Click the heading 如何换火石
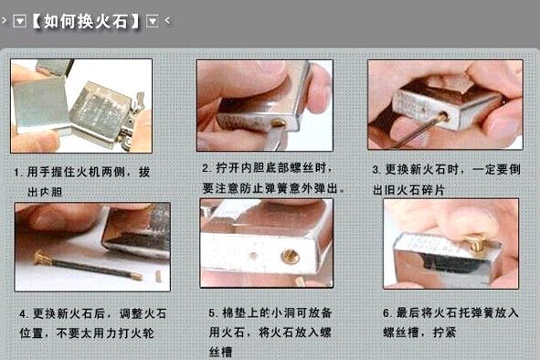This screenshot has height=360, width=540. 85,21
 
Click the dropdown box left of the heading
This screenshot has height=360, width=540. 19,21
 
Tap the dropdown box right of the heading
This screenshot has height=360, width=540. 153,21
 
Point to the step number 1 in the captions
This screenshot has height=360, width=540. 16,173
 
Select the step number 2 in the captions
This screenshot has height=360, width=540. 206,168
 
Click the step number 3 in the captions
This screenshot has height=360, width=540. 376,170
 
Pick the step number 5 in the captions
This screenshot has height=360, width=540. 213,313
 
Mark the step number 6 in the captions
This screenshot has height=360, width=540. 386,313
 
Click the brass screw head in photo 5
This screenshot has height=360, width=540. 290,257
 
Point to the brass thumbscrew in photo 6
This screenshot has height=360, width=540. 476,242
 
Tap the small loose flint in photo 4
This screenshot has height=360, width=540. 158,276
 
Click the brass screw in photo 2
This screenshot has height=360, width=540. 278,123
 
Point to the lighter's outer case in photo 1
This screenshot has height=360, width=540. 38,105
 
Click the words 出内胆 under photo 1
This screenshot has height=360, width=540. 45,192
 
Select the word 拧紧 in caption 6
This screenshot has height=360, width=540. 444,333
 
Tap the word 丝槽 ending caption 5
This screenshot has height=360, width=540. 221,352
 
